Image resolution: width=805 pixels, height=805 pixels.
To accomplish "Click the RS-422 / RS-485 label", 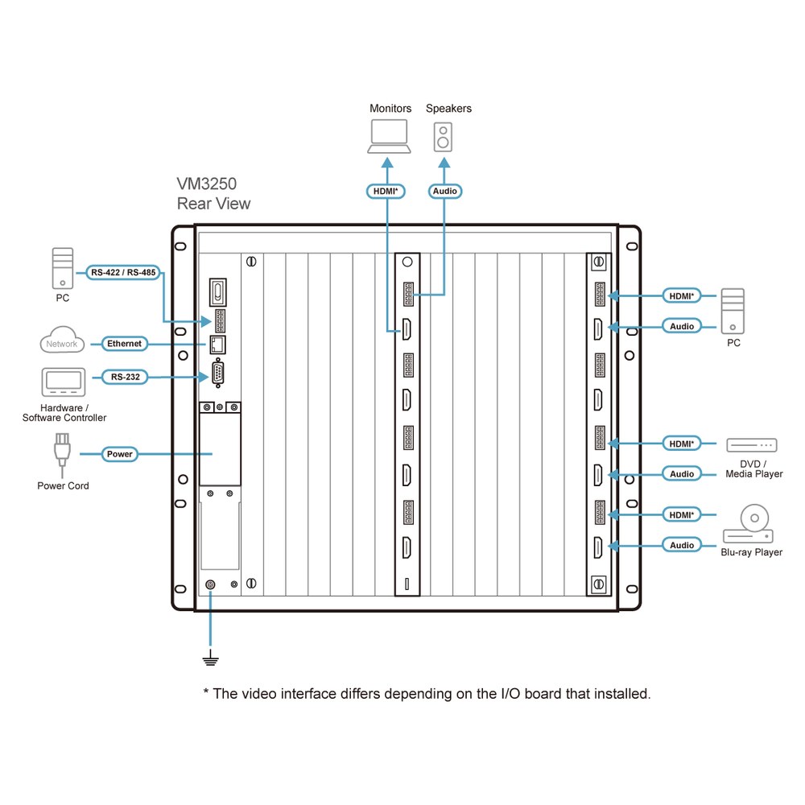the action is pyautogui.click(x=123, y=273).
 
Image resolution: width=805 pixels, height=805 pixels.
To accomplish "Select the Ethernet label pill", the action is pyautogui.click(x=124, y=344).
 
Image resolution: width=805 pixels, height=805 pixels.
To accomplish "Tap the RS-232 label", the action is pyautogui.click(x=126, y=377).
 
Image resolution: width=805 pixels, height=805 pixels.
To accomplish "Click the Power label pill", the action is pyautogui.click(x=120, y=454).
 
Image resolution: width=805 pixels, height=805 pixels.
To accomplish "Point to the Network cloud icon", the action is pyautogui.click(x=62, y=340).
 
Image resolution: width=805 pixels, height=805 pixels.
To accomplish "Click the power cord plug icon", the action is pyautogui.click(x=62, y=454).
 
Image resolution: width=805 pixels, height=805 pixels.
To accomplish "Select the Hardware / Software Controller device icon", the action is pyautogui.click(x=64, y=382).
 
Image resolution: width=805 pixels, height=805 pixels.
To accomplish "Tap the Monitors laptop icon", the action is pyautogui.click(x=389, y=136).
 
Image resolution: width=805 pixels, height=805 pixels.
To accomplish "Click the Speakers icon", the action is pyautogui.click(x=443, y=137).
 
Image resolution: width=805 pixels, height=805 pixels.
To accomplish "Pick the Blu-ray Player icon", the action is pyautogui.click(x=748, y=524).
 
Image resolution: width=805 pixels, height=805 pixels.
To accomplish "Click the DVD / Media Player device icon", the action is pyautogui.click(x=752, y=444).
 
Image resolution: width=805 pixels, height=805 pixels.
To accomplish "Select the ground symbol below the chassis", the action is pyautogui.click(x=210, y=658).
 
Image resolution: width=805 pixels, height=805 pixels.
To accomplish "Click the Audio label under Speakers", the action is pyautogui.click(x=445, y=191).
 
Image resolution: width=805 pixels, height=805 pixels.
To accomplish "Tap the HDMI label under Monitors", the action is pyautogui.click(x=386, y=191).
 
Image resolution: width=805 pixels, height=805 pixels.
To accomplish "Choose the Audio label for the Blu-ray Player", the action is pyautogui.click(x=682, y=545).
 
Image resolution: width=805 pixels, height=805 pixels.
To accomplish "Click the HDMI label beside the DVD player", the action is pyautogui.click(x=682, y=444).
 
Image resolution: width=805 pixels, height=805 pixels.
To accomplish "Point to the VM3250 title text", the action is pyautogui.click(x=206, y=184).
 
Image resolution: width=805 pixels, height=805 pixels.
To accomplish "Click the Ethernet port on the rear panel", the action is pyautogui.click(x=217, y=345).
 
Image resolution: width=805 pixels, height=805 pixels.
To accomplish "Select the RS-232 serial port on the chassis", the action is pyautogui.click(x=217, y=374).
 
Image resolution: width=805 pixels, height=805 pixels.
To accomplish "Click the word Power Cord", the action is pyautogui.click(x=63, y=485).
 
